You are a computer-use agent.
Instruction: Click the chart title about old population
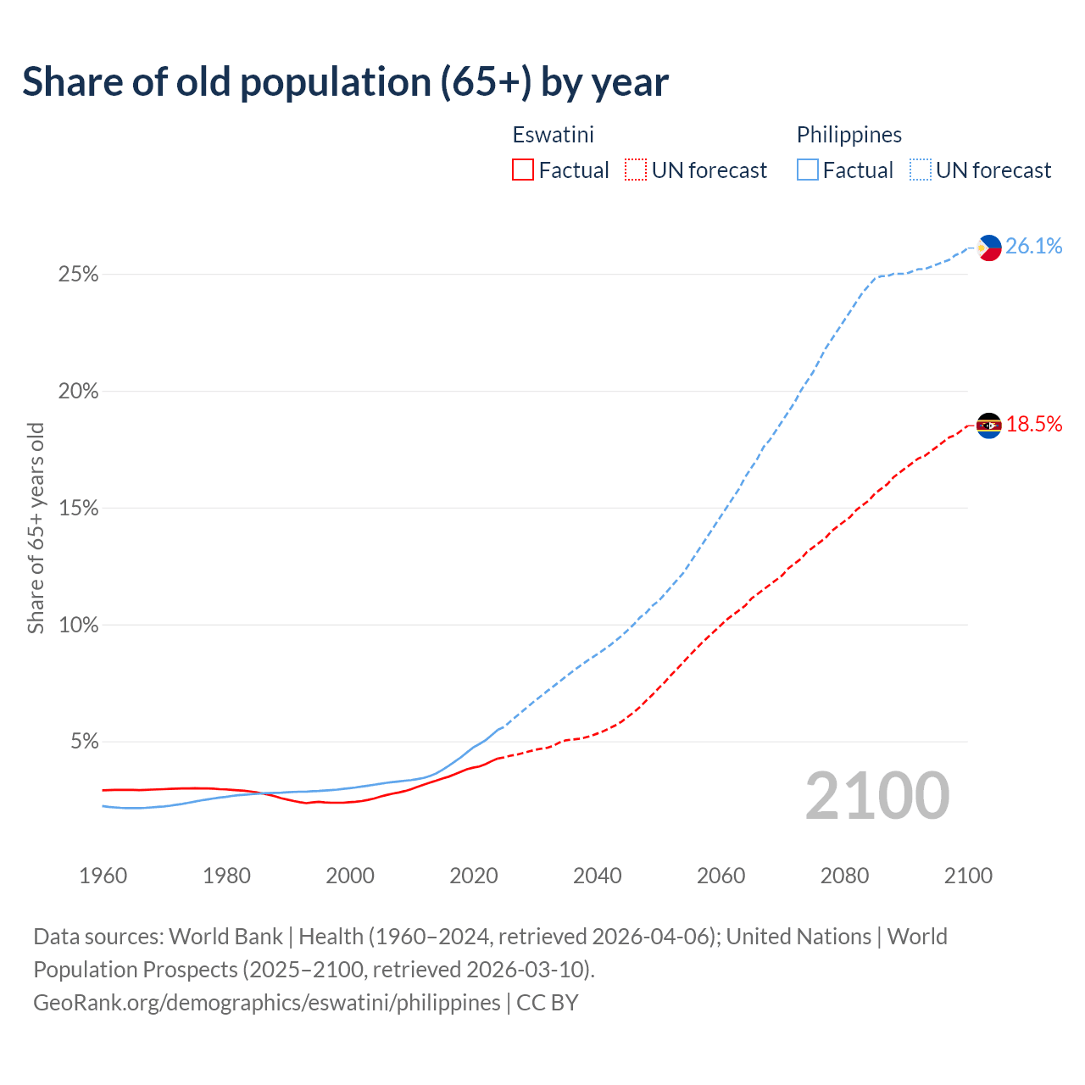coord(345,82)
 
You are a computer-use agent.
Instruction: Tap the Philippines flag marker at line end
coord(988,248)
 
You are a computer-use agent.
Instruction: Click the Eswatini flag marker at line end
coord(988,425)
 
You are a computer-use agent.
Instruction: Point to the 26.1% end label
coord(1033,247)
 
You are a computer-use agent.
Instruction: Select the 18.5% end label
coord(1033,425)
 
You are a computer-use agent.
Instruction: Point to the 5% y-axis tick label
coord(84,742)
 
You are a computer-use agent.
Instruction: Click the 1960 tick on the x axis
coord(103,876)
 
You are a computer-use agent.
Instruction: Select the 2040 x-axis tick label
coord(598,876)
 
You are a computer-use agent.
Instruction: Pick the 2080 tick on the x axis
coord(844,876)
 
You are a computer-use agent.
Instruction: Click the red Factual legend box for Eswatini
coord(523,170)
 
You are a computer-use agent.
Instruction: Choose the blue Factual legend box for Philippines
coord(807,170)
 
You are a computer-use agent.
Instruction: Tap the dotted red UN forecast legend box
coord(636,170)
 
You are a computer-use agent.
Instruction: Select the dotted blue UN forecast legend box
coord(921,170)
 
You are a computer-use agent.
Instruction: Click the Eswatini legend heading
coord(553,135)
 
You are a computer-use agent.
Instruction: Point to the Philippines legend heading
coord(849,135)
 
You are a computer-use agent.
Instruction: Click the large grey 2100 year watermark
coord(876,796)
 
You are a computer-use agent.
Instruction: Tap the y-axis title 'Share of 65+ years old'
coord(36,528)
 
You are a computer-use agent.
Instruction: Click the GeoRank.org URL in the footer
coord(267,1003)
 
